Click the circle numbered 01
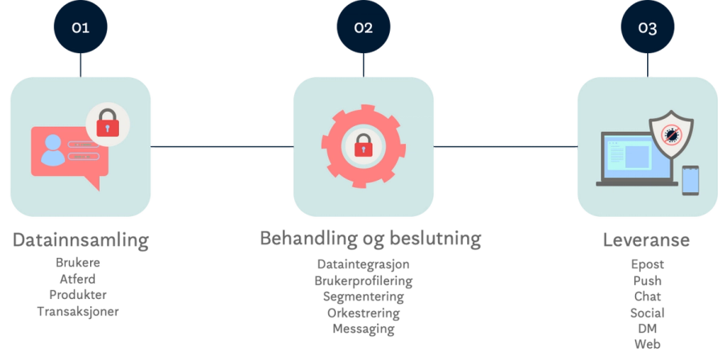[80, 27]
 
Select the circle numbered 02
[363, 27]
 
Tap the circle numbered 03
[647, 27]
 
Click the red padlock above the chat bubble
[108, 125]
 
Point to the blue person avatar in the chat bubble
[53, 149]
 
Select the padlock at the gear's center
[363, 145]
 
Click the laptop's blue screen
[635, 156]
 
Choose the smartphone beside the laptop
[690, 180]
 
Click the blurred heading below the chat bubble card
[80, 240]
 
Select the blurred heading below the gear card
[369, 239]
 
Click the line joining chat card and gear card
[222, 147]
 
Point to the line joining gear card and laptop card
[506, 147]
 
